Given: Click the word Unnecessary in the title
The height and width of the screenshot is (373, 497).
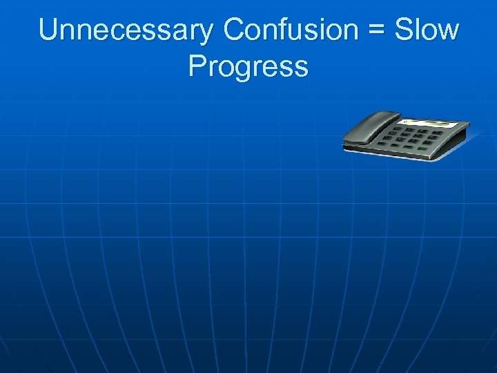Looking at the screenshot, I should (128, 31).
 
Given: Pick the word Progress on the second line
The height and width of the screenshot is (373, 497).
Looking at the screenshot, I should (248, 68).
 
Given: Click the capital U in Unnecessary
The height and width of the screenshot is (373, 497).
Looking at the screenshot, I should (50, 31).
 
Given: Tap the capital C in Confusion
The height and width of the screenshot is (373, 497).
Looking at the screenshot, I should (235, 31).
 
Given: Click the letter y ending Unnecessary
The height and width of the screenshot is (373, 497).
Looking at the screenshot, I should (209, 35).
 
